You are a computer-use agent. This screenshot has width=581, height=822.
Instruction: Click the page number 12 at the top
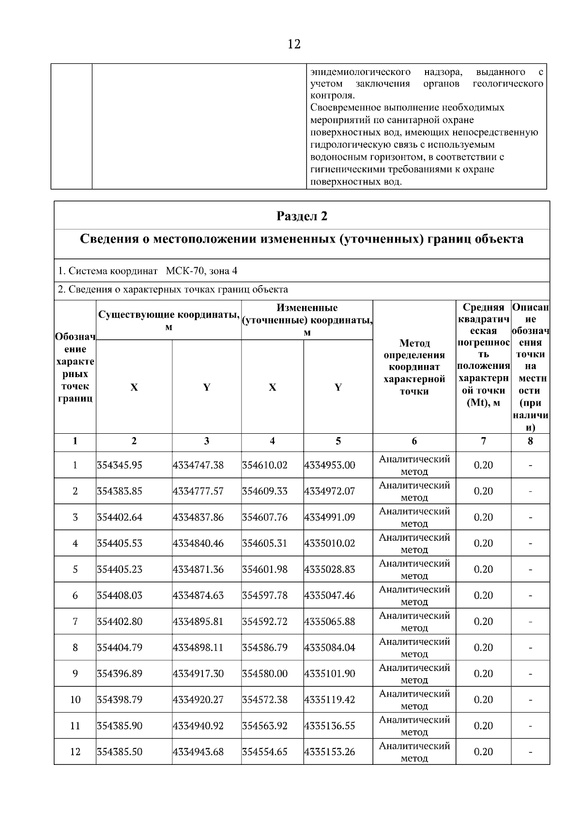(x=294, y=45)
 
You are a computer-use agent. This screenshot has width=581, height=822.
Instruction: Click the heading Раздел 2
(x=302, y=216)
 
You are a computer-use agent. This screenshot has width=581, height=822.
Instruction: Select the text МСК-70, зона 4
(x=201, y=271)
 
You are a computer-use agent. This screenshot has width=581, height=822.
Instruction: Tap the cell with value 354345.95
(x=120, y=465)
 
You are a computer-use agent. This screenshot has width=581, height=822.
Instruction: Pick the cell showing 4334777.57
(x=198, y=491)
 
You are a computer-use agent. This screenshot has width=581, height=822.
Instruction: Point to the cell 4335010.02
(x=330, y=544)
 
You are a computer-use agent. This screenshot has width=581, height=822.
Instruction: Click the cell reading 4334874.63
(x=198, y=596)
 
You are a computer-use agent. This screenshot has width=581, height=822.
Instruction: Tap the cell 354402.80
(x=120, y=622)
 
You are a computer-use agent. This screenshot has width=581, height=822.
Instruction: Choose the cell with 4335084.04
(x=330, y=648)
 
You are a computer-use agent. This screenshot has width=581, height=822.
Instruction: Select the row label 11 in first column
(x=75, y=726)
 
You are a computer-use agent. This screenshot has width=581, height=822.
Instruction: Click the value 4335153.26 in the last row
(x=330, y=752)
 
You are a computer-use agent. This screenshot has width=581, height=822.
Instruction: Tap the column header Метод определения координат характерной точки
(x=414, y=367)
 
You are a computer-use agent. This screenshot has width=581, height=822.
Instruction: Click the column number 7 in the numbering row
(x=483, y=441)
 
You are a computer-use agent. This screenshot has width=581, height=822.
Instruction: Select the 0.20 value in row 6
(x=483, y=596)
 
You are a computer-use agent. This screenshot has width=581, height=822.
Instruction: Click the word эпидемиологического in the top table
(x=360, y=73)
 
